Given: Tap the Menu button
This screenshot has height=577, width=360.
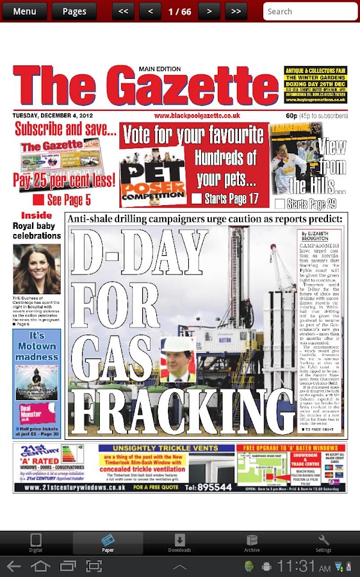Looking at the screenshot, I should (24, 12).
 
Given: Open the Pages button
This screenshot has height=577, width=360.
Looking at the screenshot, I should (74, 12).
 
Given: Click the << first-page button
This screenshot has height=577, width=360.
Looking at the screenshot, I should (123, 12).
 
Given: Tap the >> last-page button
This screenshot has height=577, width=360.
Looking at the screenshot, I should (236, 12).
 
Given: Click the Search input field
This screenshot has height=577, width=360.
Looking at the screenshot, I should (311, 12).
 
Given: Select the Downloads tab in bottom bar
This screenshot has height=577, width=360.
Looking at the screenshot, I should (179, 543).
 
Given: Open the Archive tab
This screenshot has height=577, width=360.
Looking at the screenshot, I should (252, 543).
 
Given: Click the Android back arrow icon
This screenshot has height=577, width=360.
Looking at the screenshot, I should (13, 566).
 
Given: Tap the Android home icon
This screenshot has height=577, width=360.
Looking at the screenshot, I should (40, 566).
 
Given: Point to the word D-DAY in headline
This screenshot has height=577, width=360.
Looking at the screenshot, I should (138, 256).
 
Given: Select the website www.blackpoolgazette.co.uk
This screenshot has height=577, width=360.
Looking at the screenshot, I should (197, 115).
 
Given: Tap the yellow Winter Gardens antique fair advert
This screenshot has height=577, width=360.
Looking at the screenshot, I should (316, 85).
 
